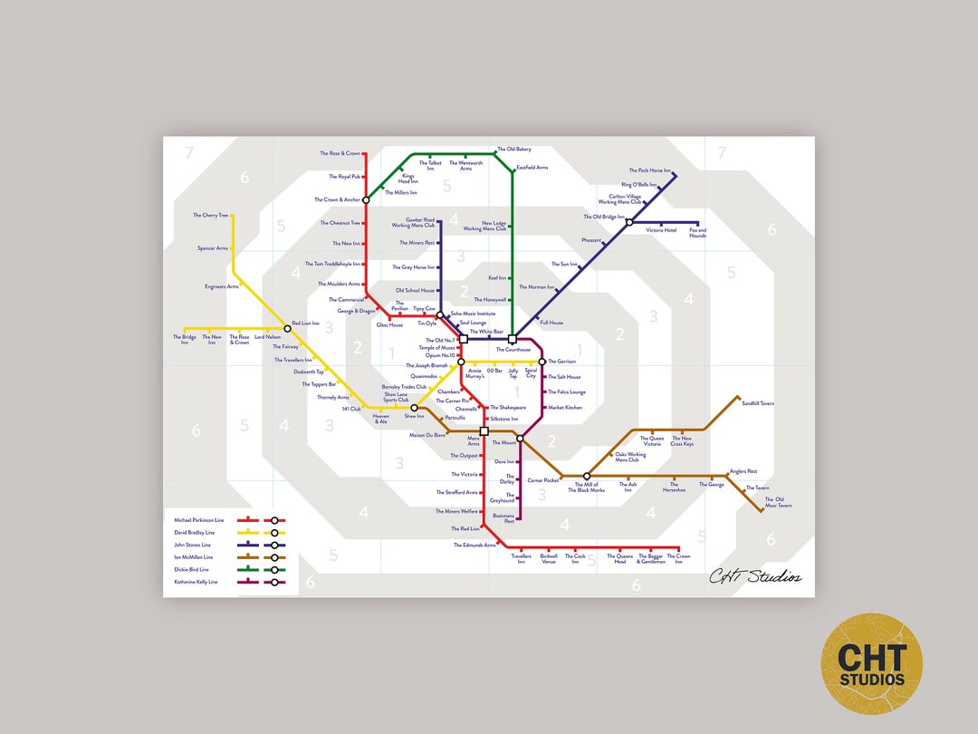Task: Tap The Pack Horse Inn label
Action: (650, 170)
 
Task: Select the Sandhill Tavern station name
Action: (758, 403)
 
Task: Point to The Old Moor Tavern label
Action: (778, 502)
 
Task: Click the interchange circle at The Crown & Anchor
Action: (366, 199)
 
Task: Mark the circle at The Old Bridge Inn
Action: (629, 221)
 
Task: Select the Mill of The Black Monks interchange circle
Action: (587, 476)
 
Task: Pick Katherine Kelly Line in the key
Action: (196, 582)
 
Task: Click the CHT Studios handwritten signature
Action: (754, 575)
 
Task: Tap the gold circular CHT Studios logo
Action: (871, 663)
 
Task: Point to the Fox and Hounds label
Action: (697, 233)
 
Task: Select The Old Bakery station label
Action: (513, 150)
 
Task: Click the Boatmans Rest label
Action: (503, 518)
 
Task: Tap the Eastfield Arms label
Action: (532, 168)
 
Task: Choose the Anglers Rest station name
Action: (743, 471)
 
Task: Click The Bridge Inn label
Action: (184, 340)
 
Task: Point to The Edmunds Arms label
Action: (475, 545)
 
